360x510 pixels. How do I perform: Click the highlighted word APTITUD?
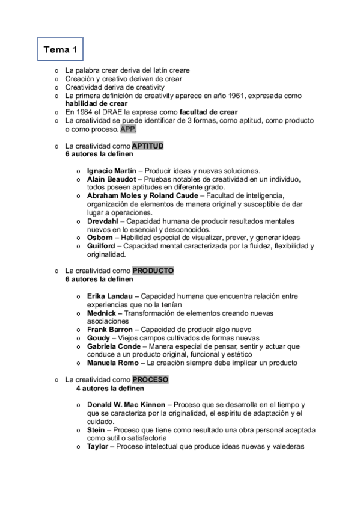tap(148, 146)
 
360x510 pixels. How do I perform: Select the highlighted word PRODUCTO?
tap(153, 271)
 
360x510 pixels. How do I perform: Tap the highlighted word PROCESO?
tap(150, 379)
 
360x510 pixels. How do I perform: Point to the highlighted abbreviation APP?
tap(128, 129)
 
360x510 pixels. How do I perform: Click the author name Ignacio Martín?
tap(112, 171)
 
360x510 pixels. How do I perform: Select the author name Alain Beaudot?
tap(111, 179)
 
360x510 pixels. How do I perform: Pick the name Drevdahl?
tap(102, 221)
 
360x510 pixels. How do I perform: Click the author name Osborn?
tap(99, 238)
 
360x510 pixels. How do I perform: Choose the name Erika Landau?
tap(111, 296)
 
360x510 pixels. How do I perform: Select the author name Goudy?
tap(99, 338)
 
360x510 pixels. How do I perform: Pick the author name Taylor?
tap(98, 446)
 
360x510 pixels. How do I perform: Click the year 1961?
tap(217, 95)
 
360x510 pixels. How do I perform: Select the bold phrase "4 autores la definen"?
tap(109, 388)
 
